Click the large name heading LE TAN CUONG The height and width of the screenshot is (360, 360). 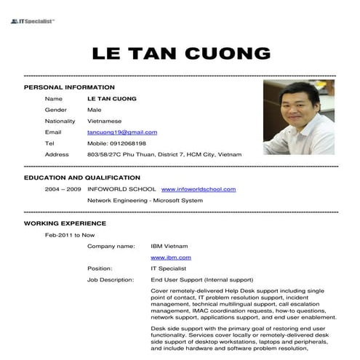click(x=181, y=54)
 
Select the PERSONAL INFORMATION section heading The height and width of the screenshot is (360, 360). click(x=69, y=87)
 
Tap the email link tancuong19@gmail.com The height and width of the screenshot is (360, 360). click(x=122, y=132)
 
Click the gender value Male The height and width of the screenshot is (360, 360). click(x=94, y=110)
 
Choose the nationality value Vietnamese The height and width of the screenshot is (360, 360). click(x=104, y=121)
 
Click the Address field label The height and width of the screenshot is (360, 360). click(x=57, y=155)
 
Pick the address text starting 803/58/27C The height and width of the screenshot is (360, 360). click(x=164, y=155)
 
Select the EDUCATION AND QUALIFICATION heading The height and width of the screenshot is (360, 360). click(x=82, y=177)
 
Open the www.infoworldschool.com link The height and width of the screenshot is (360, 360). click(x=198, y=189)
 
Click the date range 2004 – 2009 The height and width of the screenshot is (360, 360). click(x=63, y=189)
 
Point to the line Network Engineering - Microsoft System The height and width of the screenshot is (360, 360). click(x=145, y=200)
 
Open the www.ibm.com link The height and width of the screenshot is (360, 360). click(x=170, y=257)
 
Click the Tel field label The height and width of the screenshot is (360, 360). click(x=49, y=143)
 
